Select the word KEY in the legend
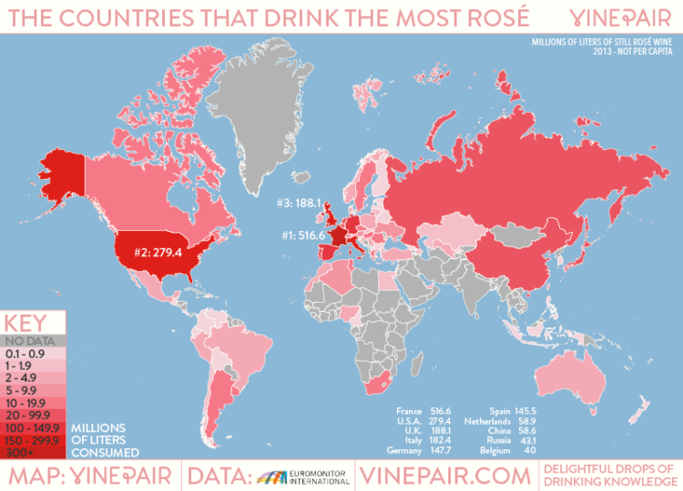tap(25, 323)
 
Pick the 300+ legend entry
tap(20, 451)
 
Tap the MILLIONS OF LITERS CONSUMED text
tap(105, 439)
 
